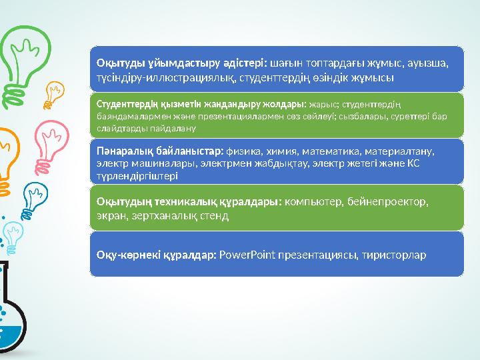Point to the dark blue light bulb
click(x=35, y=193)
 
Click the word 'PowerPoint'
click(x=243, y=255)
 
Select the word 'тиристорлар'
click(x=393, y=255)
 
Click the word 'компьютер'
click(x=313, y=201)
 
